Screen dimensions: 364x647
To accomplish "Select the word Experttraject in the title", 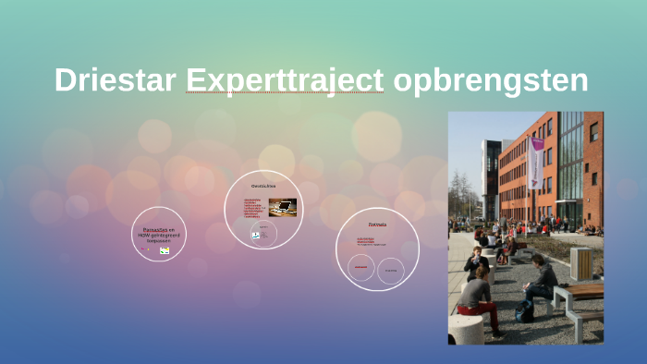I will coord(284,81).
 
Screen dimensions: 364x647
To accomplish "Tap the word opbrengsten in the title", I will coord(490,81).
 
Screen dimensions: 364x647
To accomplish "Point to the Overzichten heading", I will coord(263,186).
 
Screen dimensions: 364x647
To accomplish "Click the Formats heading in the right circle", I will coord(377,224).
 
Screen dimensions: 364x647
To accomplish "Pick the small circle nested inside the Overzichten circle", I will coord(262,233).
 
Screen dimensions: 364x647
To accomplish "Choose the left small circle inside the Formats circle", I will coord(361,268).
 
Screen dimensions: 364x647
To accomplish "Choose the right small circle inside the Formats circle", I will coord(391,270).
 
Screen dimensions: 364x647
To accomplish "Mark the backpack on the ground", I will coord(525,313).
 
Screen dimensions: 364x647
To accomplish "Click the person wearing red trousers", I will coord(476,300).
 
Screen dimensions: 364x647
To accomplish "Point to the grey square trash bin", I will coord(580,262).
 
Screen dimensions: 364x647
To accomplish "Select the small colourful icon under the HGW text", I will coord(164,249).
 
